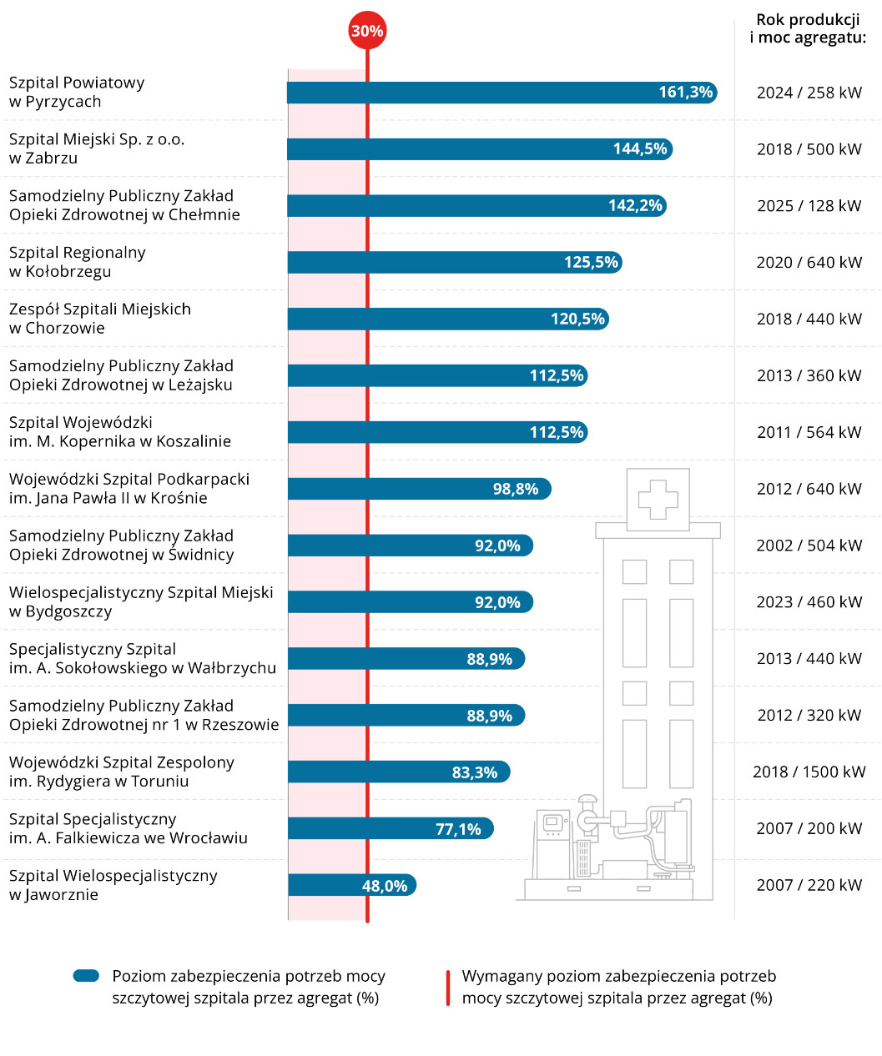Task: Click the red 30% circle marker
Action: (367, 31)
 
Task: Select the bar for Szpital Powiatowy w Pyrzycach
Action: (501, 93)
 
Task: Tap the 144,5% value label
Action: (640, 149)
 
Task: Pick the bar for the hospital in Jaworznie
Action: (350, 885)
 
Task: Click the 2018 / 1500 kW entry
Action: (809, 772)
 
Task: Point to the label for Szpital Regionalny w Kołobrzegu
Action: (78, 262)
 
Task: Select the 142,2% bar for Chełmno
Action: (476, 206)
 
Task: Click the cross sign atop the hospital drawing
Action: (658, 499)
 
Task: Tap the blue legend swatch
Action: (86, 976)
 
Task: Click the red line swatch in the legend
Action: (448, 988)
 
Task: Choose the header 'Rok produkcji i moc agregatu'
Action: (808, 28)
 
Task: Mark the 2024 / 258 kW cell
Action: (809, 93)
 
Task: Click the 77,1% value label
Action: (458, 829)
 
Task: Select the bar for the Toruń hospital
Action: (398, 772)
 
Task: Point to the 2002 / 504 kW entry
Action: (809, 546)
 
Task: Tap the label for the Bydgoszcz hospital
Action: (141, 601)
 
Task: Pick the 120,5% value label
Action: (577, 319)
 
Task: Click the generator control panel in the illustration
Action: (552, 824)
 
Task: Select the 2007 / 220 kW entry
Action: (809, 885)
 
